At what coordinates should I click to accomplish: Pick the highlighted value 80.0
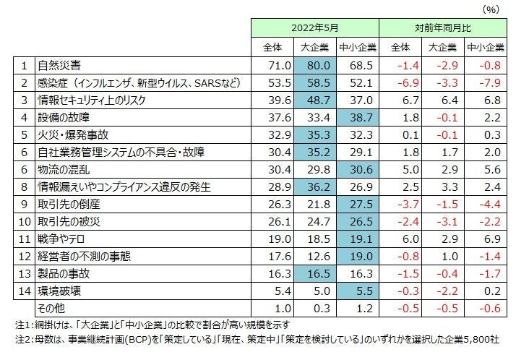click(x=315, y=66)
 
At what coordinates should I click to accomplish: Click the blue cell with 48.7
click(x=315, y=100)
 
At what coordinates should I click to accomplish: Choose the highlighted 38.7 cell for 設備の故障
click(x=357, y=118)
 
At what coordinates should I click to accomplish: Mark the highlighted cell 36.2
click(x=315, y=187)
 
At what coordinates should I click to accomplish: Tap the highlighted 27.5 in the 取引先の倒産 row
click(x=357, y=204)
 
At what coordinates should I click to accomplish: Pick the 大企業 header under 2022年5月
click(x=315, y=48)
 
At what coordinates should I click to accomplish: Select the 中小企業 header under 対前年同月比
click(x=486, y=48)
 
